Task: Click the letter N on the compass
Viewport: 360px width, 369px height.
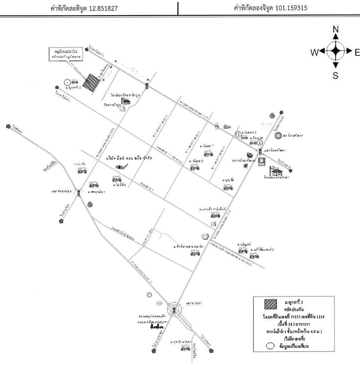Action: [x=335, y=30]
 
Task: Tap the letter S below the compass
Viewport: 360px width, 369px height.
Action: [x=335, y=76]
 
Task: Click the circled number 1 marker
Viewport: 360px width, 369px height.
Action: [x=67, y=81]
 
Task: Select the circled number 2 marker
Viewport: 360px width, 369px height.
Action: [x=238, y=134]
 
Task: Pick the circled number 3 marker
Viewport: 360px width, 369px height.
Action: [x=260, y=143]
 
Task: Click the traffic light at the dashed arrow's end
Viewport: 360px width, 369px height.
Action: [x=147, y=86]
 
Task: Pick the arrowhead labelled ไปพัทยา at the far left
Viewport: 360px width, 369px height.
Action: [x=8, y=127]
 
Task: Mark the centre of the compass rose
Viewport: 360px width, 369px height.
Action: [x=335, y=52]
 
